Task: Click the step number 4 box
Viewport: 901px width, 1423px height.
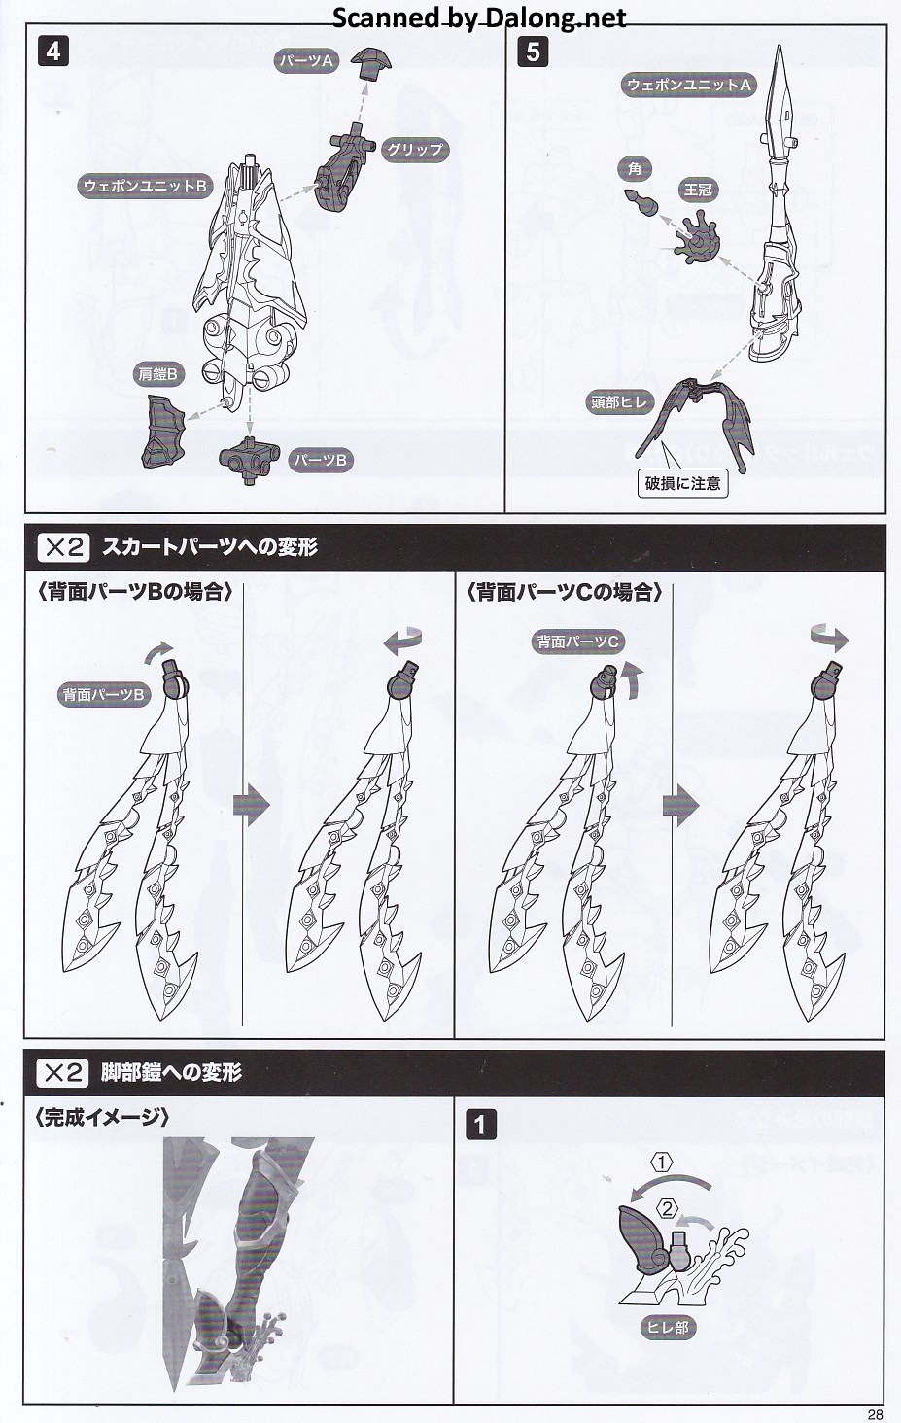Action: pos(53,51)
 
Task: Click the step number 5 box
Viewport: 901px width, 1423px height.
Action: pos(533,51)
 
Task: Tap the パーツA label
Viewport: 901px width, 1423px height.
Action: pos(307,61)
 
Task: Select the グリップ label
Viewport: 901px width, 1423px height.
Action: pos(414,150)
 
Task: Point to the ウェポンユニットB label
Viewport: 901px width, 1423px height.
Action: pos(146,186)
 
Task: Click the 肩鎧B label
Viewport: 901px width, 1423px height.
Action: pos(158,374)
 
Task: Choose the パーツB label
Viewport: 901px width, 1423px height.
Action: pos(320,460)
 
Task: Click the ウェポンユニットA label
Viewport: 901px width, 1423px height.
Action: pos(689,85)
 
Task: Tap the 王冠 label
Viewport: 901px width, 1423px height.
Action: pos(698,190)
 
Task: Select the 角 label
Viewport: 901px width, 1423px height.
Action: pos(634,169)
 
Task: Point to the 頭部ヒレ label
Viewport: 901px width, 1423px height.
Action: pos(619,402)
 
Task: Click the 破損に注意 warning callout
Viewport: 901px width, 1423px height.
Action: pos(683,483)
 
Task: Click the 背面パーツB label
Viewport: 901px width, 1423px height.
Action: pos(103,694)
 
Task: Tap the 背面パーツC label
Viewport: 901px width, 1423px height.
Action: pos(577,642)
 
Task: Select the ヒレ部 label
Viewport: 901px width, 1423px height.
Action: pos(668,1327)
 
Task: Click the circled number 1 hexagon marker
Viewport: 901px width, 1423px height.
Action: pos(662,1163)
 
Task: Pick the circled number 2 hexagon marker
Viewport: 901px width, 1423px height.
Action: pos(667,1208)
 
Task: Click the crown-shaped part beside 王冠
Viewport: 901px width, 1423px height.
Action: pos(697,238)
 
